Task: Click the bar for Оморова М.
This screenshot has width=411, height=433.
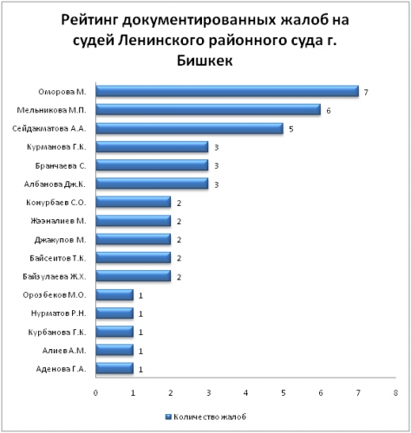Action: click(227, 91)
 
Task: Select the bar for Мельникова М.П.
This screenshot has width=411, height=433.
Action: click(208, 110)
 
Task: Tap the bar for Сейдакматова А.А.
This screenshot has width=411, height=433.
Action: click(190, 128)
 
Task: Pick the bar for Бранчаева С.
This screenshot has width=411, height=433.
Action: click(152, 165)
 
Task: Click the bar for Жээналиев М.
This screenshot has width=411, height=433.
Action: click(134, 221)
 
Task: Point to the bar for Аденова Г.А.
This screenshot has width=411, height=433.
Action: click(114, 369)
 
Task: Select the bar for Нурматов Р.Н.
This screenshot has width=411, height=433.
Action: click(114, 313)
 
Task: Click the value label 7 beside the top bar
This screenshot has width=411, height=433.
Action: click(366, 93)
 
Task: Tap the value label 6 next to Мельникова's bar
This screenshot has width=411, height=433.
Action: click(329, 111)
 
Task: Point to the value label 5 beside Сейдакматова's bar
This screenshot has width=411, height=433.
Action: click(291, 129)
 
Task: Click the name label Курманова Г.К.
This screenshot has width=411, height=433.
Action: click(56, 147)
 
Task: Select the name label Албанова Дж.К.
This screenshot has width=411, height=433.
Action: click(55, 184)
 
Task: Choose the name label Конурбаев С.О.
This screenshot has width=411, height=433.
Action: click(56, 203)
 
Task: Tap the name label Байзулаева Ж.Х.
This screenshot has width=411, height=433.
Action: click(55, 276)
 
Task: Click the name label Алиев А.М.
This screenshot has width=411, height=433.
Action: click(64, 351)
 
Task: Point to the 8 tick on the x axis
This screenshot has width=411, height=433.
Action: click(395, 393)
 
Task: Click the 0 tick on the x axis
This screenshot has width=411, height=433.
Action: click(95, 393)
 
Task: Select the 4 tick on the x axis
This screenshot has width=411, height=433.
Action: click(245, 393)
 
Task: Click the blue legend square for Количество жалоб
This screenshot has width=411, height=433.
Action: click(168, 417)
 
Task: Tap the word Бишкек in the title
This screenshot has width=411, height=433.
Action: click(205, 61)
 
